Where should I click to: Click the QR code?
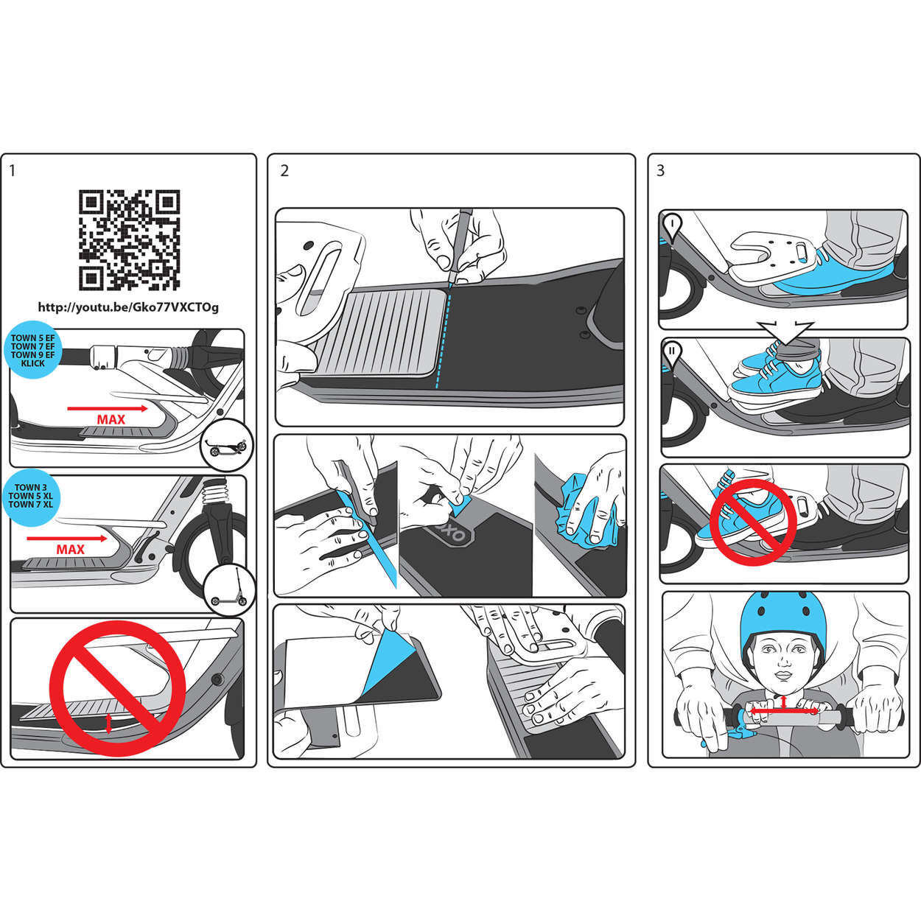[129, 240]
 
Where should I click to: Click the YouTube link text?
[128, 307]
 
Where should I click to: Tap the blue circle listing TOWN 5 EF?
[32, 350]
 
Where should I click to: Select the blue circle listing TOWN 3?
[31, 496]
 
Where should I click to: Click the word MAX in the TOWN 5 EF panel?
[111, 420]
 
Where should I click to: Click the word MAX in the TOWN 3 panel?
[70, 550]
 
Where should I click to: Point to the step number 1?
[13, 171]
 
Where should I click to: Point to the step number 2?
[284, 171]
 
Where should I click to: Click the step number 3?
[660, 171]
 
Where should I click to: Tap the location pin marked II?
[671, 353]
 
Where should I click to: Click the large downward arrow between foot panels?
[785, 333]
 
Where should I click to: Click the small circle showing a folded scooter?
[227, 446]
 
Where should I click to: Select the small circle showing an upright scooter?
[229, 591]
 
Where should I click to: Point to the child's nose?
[783, 662]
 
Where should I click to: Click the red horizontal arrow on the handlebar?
[784, 711]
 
